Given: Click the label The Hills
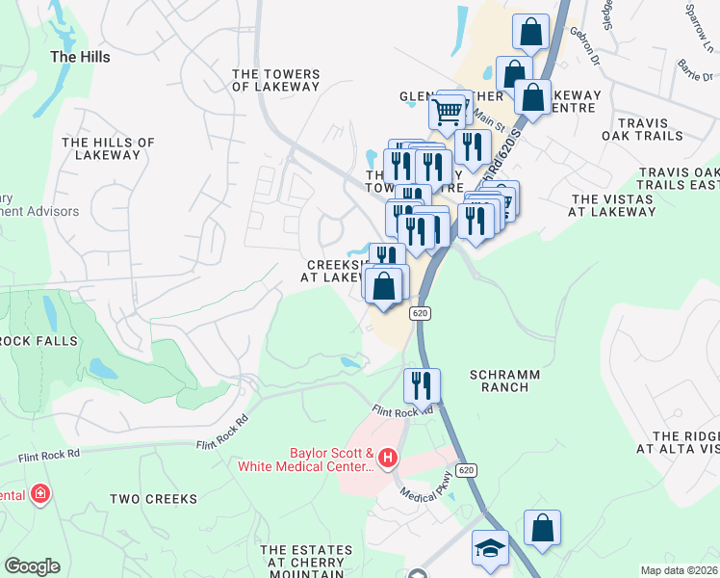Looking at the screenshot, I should [80, 57].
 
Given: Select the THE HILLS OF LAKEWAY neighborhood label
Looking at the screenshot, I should [108, 148].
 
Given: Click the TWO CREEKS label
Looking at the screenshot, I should [153, 499].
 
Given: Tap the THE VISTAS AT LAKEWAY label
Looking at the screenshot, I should [612, 205].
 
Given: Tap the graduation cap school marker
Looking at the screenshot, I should [490, 548].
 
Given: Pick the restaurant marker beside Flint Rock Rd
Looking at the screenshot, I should [422, 384].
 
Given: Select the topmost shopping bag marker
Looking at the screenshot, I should [530, 32].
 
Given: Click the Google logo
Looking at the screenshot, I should [32, 566].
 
